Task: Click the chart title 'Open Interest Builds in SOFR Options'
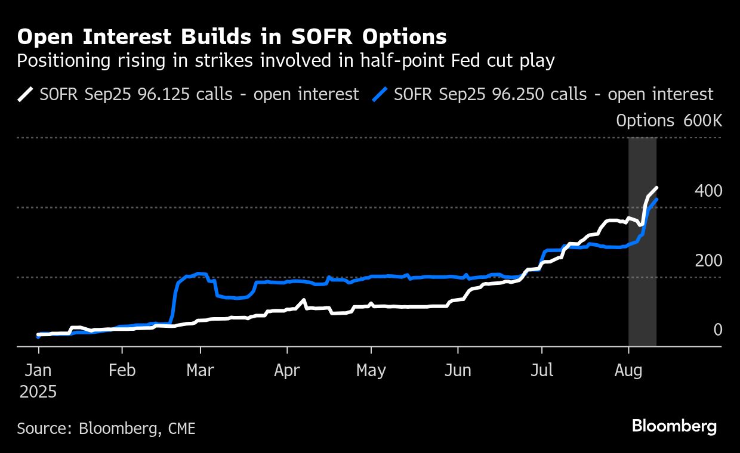click(x=232, y=37)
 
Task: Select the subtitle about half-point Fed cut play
click(x=286, y=60)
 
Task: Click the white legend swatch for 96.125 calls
click(x=26, y=94)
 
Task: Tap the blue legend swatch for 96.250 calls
click(x=380, y=94)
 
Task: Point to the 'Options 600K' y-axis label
click(x=669, y=121)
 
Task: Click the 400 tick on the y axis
click(x=708, y=191)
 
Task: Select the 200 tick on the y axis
click(x=708, y=260)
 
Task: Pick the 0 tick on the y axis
click(x=718, y=330)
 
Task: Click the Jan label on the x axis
click(x=38, y=370)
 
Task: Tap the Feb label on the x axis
click(x=122, y=370)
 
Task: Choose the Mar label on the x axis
click(x=201, y=370)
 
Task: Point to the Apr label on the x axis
click(x=287, y=370)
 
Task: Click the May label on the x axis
click(x=371, y=370)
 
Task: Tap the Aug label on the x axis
click(x=628, y=370)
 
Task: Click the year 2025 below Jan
click(x=38, y=392)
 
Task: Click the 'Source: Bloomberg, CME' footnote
click(x=106, y=428)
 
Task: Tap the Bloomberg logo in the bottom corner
click(x=674, y=426)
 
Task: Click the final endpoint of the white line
click(x=656, y=188)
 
